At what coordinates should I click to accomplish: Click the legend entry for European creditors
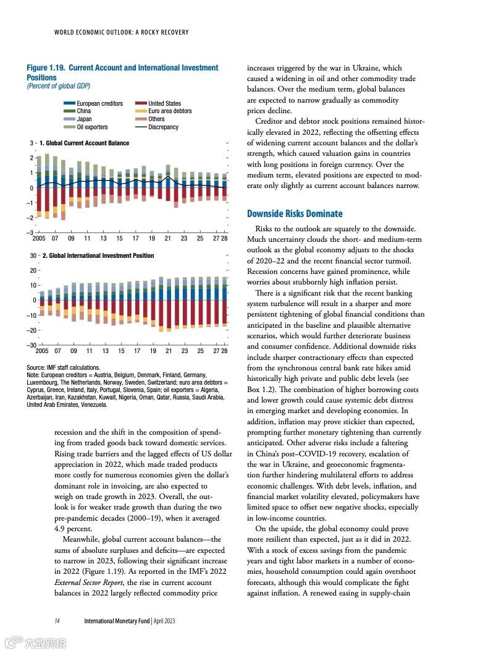(x=99, y=103)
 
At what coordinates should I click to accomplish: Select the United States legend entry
(x=164, y=103)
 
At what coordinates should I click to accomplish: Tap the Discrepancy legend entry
(x=163, y=127)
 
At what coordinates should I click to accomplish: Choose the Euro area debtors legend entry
(x=170, y=111)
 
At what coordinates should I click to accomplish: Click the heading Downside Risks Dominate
(x=294, y=214)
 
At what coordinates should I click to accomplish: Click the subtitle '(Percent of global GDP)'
(x=58, y=87)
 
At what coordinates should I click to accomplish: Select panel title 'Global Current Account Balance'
(x=84, y=143)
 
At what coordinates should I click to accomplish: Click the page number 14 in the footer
(x=56, y=620)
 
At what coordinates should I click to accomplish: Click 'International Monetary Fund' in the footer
(x=117, y=620)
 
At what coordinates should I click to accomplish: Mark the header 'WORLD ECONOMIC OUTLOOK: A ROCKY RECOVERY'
(x=121, y=32)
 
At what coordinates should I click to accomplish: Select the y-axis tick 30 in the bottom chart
(x=32, y=255)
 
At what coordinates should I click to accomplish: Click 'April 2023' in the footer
(x=164, y=620)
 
